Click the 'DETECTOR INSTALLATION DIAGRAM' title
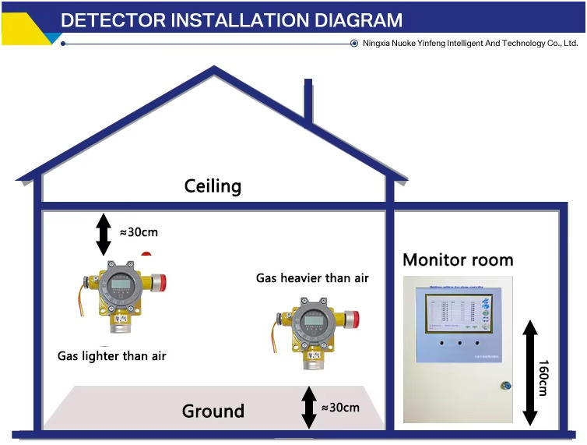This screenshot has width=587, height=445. [231, 19]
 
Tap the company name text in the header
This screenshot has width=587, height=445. [470, 44]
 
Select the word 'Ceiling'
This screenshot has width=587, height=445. [213, 186]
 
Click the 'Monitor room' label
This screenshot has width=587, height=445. [458, 260]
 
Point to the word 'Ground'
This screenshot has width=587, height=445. [213, 411]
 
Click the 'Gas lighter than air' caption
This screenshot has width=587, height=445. [112, 356]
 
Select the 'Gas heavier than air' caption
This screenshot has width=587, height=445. [312, 277]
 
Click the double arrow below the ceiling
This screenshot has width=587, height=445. [103, 233]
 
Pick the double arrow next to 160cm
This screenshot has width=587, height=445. [529, 372]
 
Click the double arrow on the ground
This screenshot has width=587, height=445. [309, 407]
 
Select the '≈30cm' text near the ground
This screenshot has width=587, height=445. [341, 407]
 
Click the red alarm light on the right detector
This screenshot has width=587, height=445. [351, 319]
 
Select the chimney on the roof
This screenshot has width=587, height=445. [308, 101]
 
